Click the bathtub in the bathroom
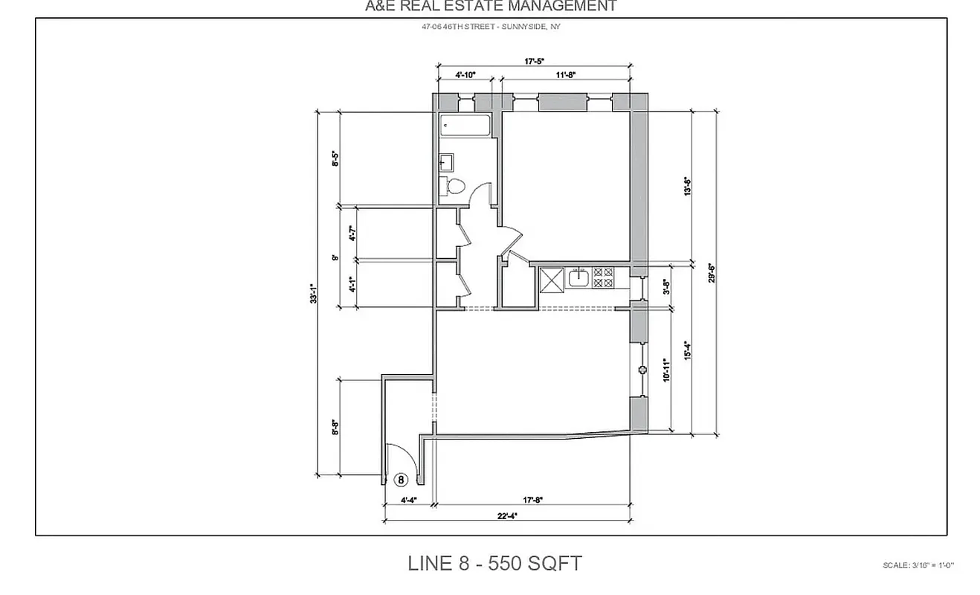pyautogui.click(x=465, y=126)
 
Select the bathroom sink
pyautogui.click(x=447, y=161)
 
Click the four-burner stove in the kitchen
pyautogui.click(x=603, y=278)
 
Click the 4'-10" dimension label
pyautogui.click(x=465, y=75)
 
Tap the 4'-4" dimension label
pyautogui.click(x=407, y=501)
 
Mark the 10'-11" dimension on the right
pyautogui.click(x=667, y=370)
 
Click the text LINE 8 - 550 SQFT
pyautogui.click(x=494, y=563)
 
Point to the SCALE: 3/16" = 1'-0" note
pyautogui.click(x=917, y=565)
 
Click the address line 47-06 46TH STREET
pyautogui.click(x=490, y=28)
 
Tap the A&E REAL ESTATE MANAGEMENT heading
pyautogui.click(x=490, y=7)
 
